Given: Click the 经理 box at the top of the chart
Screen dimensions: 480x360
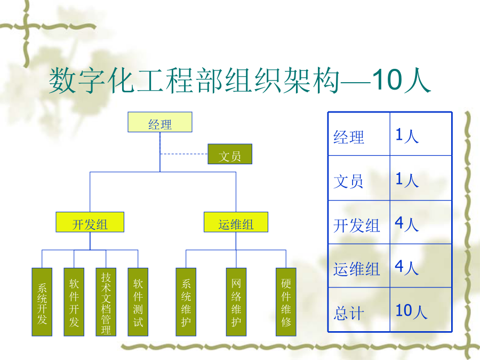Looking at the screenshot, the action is (160, 122).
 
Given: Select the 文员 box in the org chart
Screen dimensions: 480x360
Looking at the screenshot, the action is (230, 154).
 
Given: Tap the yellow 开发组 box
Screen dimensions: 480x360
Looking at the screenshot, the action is (90, 222).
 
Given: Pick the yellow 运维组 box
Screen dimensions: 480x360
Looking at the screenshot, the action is (236, 222).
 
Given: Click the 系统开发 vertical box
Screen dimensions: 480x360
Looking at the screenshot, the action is (42, 302).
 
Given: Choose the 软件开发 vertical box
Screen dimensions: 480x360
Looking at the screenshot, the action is (74, 302).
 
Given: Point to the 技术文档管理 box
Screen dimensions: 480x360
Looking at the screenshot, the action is (106, 302).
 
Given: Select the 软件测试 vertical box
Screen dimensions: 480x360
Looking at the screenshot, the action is (138, 302).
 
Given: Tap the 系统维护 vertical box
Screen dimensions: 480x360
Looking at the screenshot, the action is (186, 302).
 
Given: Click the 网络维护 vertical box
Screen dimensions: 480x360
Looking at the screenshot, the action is (236, 302).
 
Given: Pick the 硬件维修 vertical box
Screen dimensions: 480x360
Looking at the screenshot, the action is (286, 302).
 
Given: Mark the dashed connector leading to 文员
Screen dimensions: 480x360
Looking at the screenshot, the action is (184, 154).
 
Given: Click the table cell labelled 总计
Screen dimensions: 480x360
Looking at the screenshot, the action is (359, 309).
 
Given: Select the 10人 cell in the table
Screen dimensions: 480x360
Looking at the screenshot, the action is (421, 309).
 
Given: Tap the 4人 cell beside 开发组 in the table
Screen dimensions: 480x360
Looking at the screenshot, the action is (421, 222).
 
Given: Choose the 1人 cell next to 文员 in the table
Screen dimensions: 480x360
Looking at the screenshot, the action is (421, 178).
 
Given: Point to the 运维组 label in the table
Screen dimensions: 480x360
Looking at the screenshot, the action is (357, 269).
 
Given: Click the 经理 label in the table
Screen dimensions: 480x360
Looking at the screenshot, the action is (349, 137).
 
